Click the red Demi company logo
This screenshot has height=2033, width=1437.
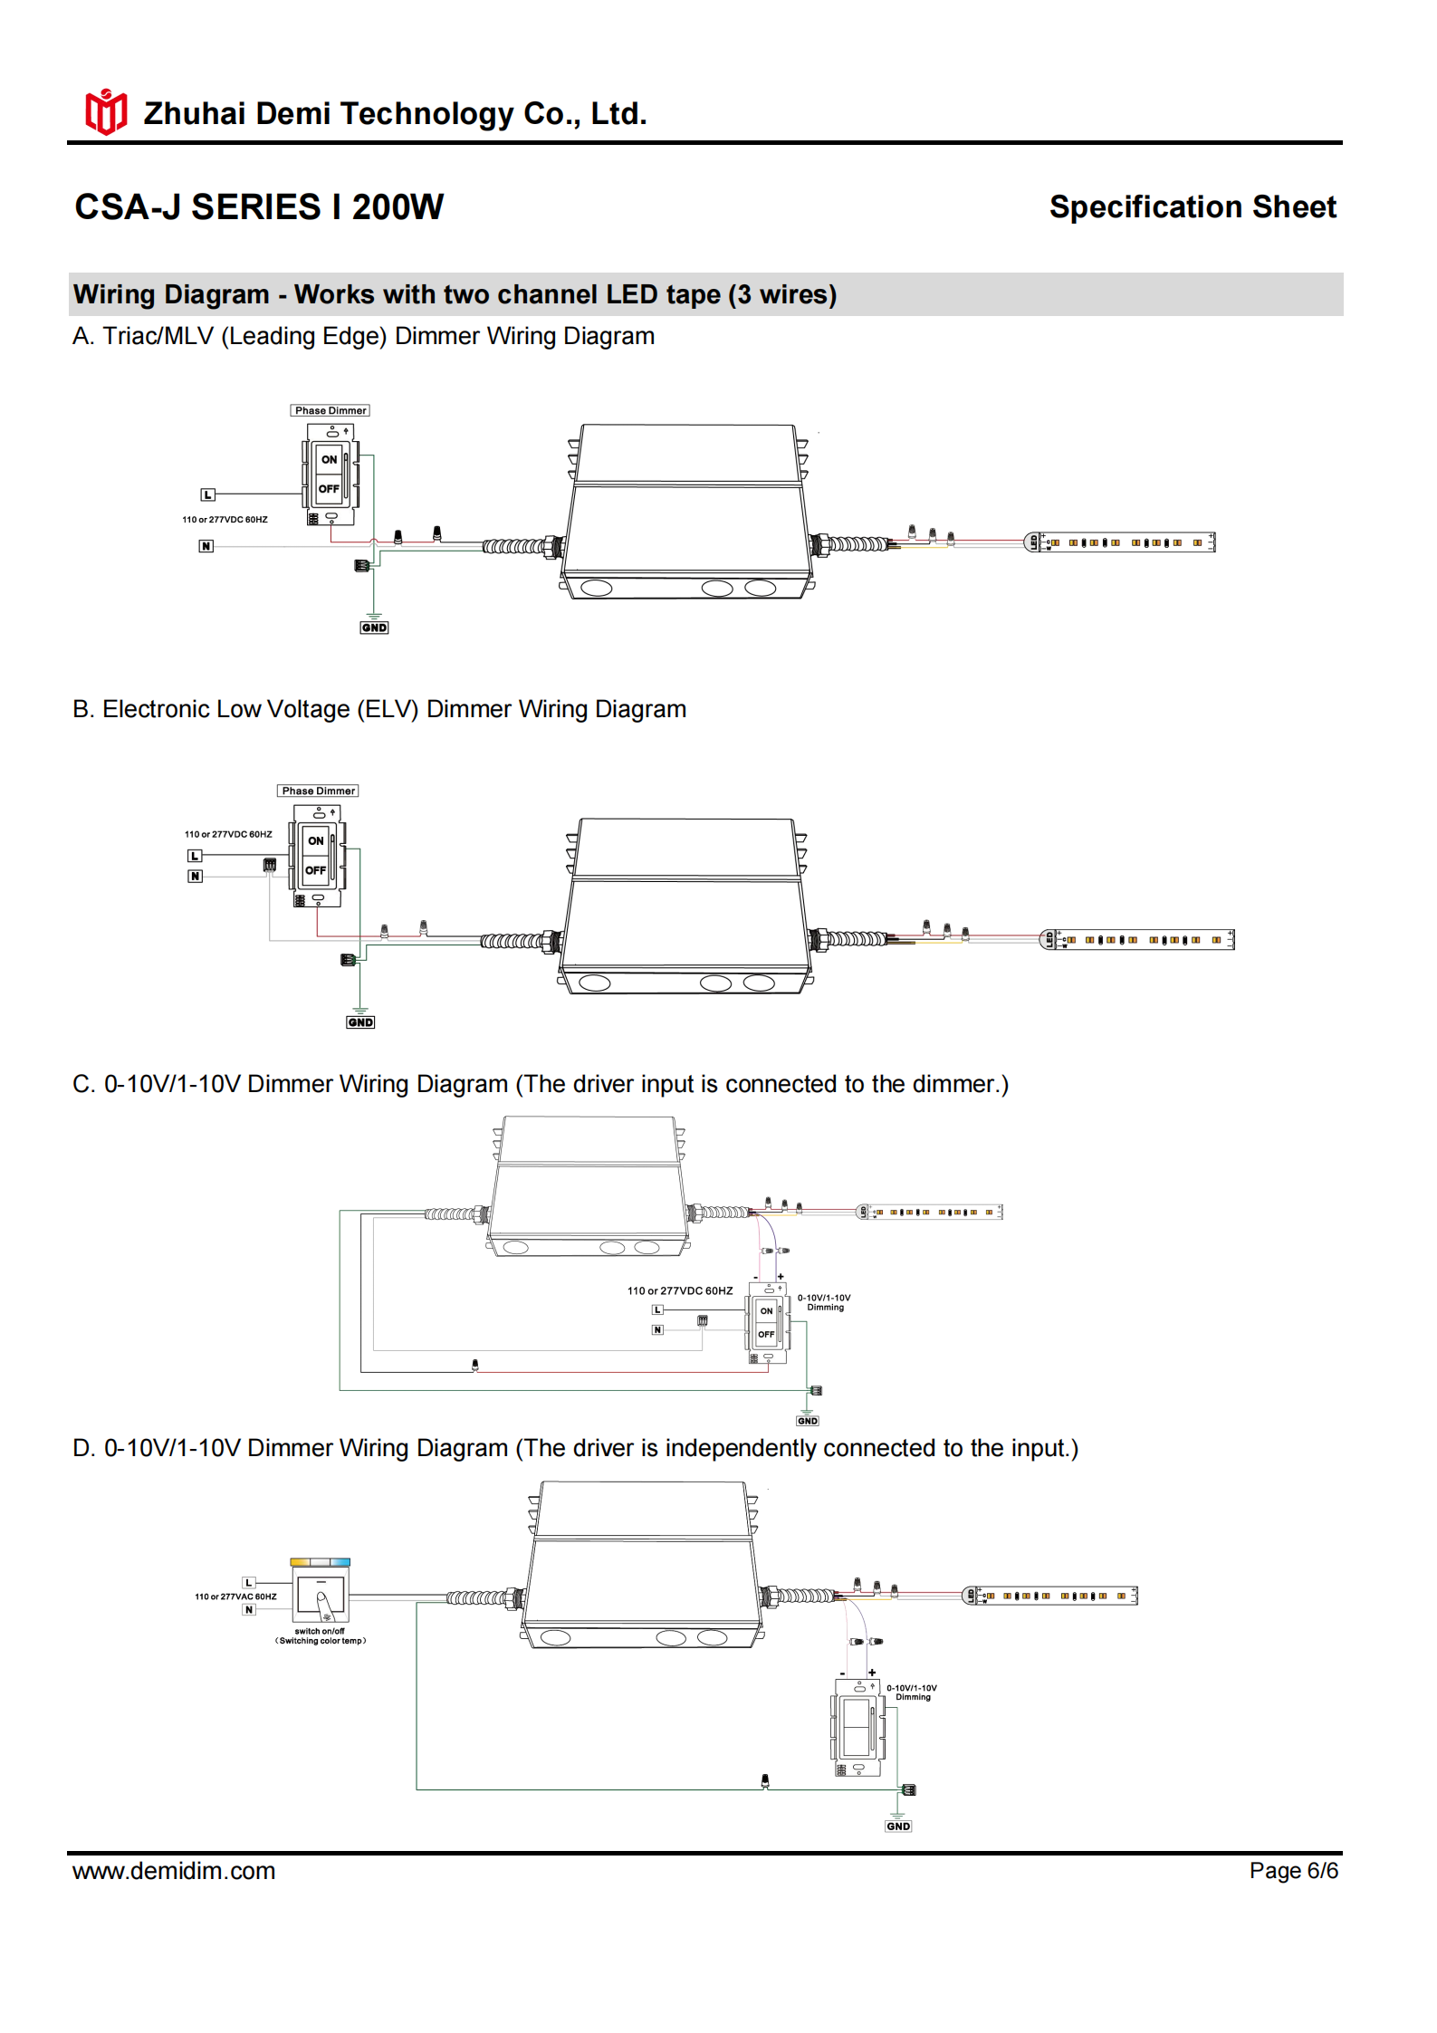106,112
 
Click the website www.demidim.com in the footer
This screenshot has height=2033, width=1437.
174,1870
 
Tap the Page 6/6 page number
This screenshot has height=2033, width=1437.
1292,1870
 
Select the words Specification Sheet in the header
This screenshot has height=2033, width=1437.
1192,207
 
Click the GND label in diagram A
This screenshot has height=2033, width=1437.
374,628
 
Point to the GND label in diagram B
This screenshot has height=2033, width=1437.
360,1022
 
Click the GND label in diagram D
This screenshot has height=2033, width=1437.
898,1826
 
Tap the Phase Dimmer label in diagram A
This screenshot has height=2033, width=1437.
331,411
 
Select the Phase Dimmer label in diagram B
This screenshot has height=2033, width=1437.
318,791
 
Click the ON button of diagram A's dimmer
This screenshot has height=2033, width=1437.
330,459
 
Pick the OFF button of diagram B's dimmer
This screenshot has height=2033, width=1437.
315,870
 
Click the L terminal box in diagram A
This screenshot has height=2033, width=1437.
208,494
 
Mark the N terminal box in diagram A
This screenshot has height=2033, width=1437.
206,546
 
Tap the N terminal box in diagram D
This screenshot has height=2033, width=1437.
249,1609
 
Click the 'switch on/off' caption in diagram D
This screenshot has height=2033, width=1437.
320,1631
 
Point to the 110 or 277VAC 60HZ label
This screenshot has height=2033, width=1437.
235,1597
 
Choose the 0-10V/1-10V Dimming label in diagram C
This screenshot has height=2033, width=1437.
824,1302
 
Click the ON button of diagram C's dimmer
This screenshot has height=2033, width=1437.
766,1310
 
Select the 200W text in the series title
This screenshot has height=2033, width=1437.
398,207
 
